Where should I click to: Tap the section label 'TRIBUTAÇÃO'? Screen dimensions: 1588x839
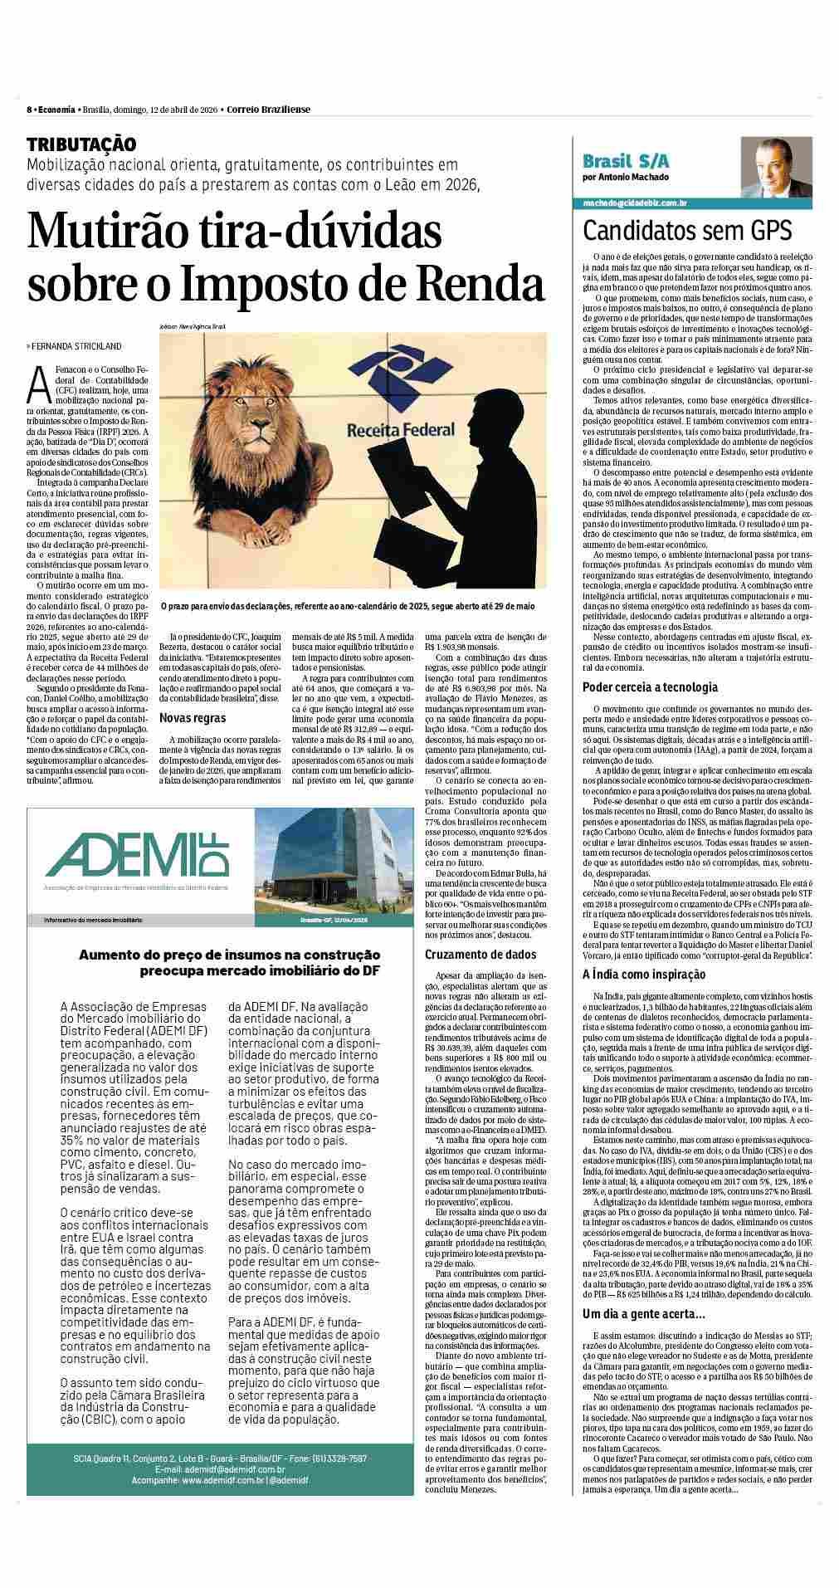click(x=81, y=144)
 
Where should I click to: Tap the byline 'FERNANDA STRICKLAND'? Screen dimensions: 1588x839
click(x=76, y=346)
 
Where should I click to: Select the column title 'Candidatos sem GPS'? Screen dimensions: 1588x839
click(x=687, y=230)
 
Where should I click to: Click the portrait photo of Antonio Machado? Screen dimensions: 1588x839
click(x=777, y=169)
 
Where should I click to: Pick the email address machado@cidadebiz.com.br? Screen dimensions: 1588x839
click(x=634, y=203)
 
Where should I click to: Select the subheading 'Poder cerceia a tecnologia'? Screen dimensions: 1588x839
click(x=650, y=687)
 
